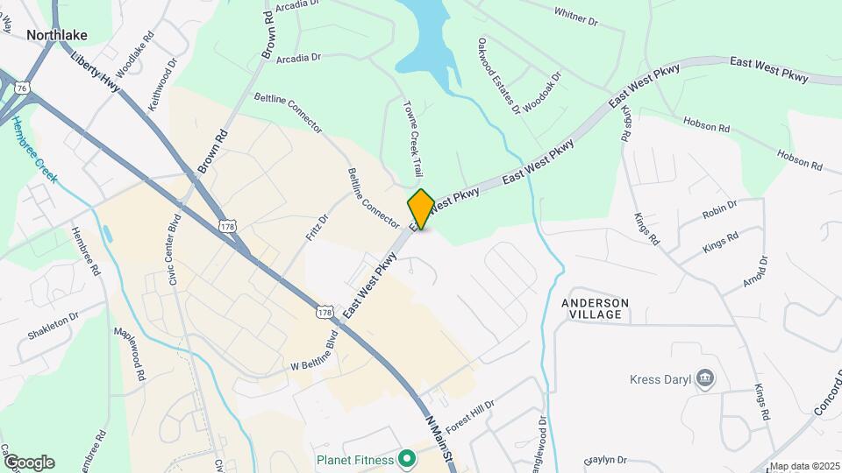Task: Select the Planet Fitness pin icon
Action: click(406, 458)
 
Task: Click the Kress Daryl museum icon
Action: click(706, 379)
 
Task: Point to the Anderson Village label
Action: click(595, 310)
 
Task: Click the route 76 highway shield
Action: click(22, 88)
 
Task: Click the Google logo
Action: click(28, 462)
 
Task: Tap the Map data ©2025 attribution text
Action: click(803, 467)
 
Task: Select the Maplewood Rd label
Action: click(129, 354)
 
